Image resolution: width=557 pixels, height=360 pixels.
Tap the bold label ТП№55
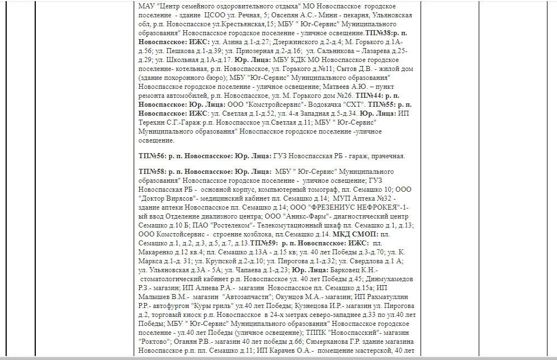coord(382,105)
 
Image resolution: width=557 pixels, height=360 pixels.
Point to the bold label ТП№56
coord(152,156)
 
